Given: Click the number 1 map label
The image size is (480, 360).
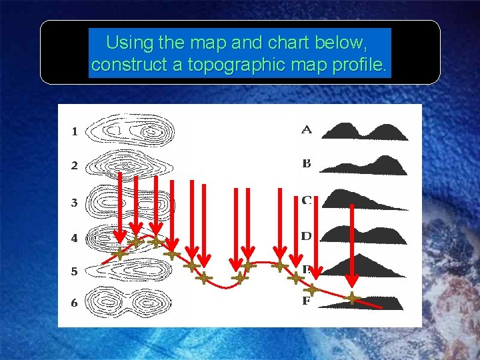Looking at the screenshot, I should pos(75,132).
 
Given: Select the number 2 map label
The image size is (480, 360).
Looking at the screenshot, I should pos(75,165).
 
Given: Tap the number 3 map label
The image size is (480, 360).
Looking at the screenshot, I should pos(75,202).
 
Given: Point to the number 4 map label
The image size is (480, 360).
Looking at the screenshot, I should pos(75,237).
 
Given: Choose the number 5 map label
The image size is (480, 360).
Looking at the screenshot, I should pos(75,271).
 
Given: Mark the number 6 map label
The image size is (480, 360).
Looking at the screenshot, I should pos(75,303).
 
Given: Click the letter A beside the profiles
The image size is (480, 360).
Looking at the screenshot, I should pos(306,129).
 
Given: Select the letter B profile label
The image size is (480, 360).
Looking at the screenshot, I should pos(306,163).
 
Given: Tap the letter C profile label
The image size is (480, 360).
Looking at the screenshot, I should pos(306,199).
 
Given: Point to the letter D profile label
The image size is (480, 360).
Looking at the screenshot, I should pos(306,236).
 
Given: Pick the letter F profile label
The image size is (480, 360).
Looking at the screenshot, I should pos(306,301).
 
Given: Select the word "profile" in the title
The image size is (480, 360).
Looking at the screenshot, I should pos(359,65).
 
